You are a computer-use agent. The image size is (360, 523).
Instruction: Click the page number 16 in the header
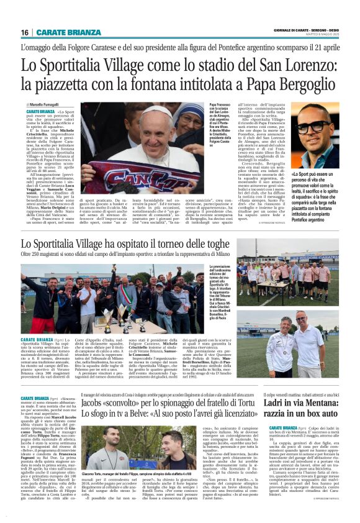[x=25, y=32]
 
